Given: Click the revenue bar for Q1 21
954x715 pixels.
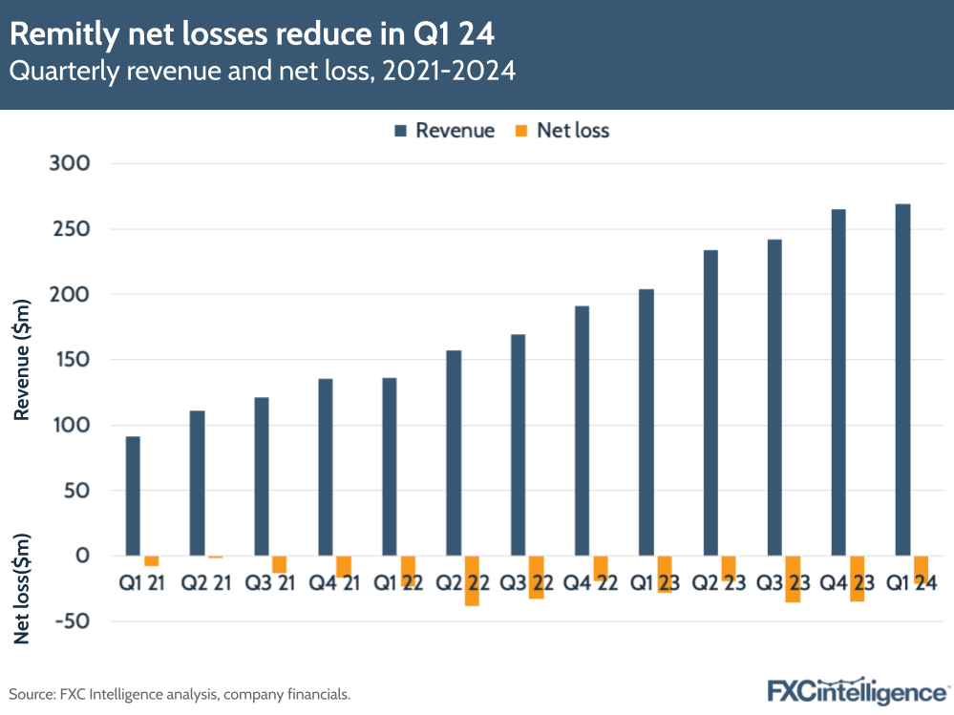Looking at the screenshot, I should coord(133,495).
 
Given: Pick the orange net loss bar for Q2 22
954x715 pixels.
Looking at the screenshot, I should coord(472,580).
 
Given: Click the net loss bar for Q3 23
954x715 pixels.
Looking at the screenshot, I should coord(793,578).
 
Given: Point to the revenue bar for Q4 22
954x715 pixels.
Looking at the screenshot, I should coord(582,431).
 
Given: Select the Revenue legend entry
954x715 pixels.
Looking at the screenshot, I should coord(443,131).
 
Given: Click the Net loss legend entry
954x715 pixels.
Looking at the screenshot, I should coord(562,131).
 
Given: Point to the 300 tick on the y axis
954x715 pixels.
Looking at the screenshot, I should coord(69,164).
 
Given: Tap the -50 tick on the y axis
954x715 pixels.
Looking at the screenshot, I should coord(69,621).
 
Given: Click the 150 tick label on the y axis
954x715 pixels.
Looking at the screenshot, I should coord(69,360).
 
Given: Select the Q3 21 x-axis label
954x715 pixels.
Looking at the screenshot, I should coord(269,580).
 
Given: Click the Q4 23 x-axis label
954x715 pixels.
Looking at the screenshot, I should coord(846,580).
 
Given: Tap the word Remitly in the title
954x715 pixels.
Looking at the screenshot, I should coord(62,35).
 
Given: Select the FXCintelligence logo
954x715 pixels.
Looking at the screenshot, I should coord(856,690).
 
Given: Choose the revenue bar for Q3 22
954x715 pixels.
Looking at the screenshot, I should coord(518,444).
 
